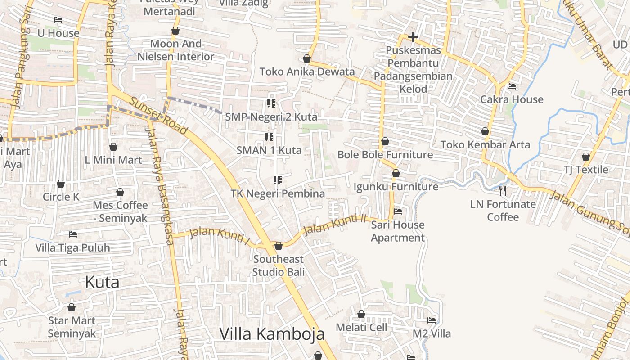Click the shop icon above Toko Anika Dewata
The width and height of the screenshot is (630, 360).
click(307, 58)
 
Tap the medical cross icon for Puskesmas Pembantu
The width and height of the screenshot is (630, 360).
click(413, 37)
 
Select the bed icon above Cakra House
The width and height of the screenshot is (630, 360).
click(512, 86)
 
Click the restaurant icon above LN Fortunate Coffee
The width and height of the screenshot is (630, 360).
click(503, 191)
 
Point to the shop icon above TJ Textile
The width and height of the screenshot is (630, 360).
click(585, 157)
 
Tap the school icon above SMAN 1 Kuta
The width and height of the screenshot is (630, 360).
click(269, 137)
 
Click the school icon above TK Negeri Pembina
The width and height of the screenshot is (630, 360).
click(278, 180)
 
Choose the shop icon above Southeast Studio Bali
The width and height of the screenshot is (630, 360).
click(278, 246)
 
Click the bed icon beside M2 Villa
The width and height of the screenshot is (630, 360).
click(432, 320)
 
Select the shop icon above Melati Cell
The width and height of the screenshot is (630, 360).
click(361, 314)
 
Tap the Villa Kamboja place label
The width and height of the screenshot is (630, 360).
click(272, 334)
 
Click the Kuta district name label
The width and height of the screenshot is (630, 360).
click(102, 282)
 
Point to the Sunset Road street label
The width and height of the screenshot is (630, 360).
click(159, 116)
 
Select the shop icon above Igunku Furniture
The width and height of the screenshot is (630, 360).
click(396, 173)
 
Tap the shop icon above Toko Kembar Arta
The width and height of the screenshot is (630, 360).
click(485, 131)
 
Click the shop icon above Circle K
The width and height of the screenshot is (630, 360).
click(61, 184)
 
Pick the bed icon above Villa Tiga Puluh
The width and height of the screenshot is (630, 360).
click(73, 234)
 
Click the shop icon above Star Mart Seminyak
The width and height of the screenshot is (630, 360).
click(72, 308)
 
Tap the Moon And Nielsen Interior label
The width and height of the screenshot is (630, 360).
click(176, 50)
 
